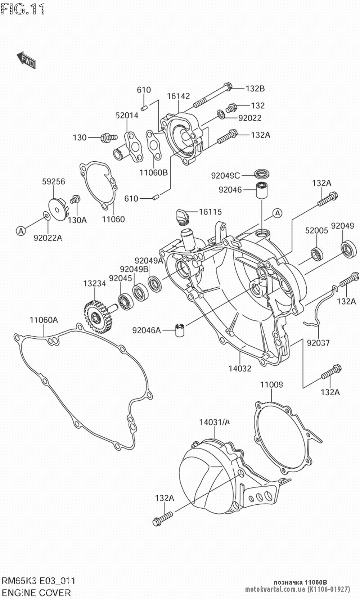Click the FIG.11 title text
tap(23, 9)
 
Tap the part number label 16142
tap(178, 96)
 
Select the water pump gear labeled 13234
tap(96, 317)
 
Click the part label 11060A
tap(44, 320)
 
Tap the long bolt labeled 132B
tap(212, 95)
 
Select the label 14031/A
tap(215, 422)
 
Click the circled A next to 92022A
tap(21, 231)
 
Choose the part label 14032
tap(240, 368)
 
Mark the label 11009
tap(271, 385)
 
